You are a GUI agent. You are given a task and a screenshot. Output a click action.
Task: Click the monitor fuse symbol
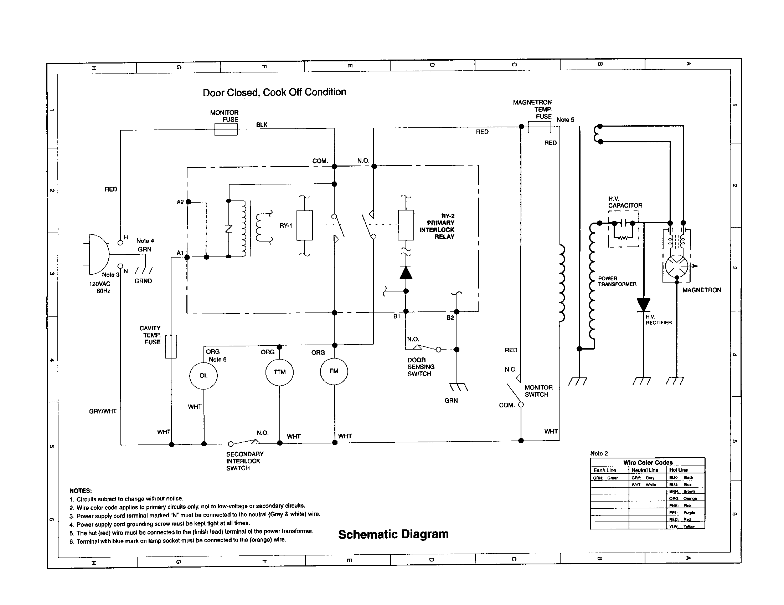coord(226,129)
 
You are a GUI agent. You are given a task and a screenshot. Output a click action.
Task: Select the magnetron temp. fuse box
coord(539,127)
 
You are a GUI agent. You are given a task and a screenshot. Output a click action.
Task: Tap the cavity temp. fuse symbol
coord(171,346)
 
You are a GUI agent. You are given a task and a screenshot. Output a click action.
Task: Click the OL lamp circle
coord(203,375)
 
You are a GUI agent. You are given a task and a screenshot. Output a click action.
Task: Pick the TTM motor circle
coord(279,372)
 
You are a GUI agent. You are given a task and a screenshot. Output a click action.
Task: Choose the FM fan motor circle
coord(334,371)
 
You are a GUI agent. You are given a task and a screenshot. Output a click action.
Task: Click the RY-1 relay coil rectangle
coord(304,225)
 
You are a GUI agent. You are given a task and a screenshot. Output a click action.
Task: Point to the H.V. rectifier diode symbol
coord(643,305)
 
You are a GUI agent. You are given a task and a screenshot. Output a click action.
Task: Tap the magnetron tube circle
coord(676,266)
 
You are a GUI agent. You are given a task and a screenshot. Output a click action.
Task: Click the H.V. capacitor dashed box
coord(624,229)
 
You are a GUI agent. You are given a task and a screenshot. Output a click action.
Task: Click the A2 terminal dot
coord(189,202)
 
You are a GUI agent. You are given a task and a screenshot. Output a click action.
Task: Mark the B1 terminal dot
coord(406,311)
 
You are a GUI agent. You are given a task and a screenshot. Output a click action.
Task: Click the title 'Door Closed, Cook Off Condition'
coord(274,92)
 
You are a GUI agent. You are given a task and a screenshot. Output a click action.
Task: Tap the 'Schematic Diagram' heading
coord(393,534)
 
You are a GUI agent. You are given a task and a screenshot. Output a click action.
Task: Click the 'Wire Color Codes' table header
coord(648,462)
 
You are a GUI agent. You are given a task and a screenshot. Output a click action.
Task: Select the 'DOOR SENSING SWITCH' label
coord(421,367)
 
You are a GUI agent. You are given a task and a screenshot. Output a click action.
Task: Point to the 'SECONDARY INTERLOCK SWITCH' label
coord(244,461)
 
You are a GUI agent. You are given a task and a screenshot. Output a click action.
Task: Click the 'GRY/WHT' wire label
coord(103,411)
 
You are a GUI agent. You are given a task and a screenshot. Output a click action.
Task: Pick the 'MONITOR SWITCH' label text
coord(538,391)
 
